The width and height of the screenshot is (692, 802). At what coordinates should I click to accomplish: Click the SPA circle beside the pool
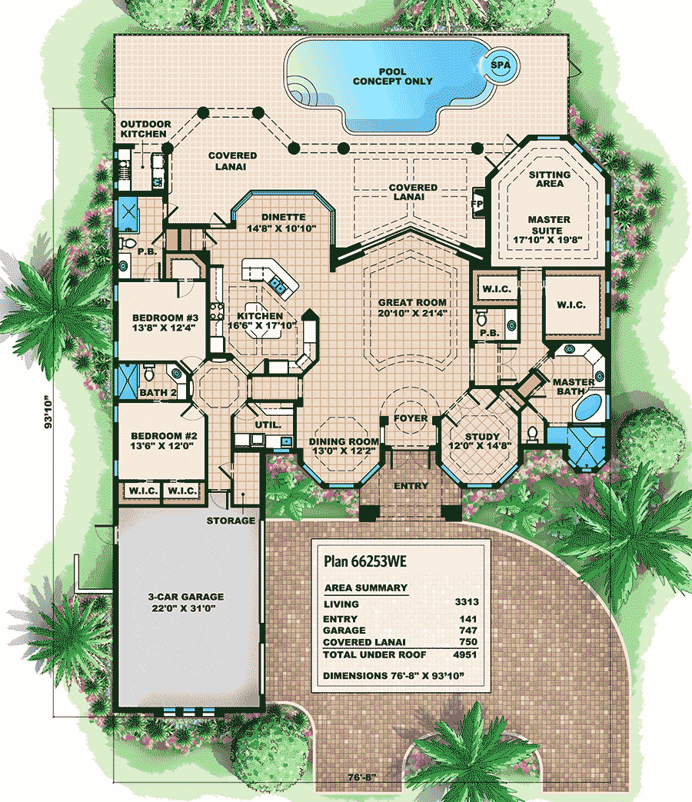(x=500, y=65)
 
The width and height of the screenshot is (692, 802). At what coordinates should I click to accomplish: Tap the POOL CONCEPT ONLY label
(x=392, y=76)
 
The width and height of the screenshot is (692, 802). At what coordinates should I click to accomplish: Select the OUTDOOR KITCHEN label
(x=145, y=129)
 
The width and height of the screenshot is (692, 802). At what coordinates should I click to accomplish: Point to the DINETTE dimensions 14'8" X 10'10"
(x=281, y=228)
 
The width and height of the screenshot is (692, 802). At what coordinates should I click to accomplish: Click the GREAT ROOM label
(x=412, y=302)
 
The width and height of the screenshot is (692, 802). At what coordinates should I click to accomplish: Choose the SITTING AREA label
(x=549, y=179)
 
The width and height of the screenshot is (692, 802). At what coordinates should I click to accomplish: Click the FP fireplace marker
(x=477, y=204)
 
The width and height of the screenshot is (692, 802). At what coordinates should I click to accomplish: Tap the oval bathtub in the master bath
(x=589, y=407)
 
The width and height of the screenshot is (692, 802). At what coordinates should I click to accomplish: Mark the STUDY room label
(x=482, y=437)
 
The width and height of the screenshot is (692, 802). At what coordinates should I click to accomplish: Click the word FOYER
(x=410, y=418)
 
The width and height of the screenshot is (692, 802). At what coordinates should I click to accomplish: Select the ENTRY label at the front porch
(x=411, y=486)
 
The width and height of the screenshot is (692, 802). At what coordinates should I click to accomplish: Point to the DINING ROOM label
(x=344, y=441)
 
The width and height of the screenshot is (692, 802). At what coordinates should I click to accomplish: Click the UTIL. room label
(x=268, y=424)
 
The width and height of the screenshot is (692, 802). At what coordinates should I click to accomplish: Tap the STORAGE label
(x=231, y=521)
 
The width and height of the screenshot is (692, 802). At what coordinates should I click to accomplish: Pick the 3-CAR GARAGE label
(x=185, y=597)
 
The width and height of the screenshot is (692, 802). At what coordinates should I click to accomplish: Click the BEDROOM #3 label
(x=165, y=318)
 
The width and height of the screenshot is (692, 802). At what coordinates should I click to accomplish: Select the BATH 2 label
(x=158, y=392)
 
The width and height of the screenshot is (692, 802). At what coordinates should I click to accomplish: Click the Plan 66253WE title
(x=365, y=561)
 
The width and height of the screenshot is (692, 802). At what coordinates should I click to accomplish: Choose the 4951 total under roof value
(x=465, y=654)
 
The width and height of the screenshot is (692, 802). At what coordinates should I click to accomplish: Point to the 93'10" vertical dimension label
(x=48, y=411)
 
